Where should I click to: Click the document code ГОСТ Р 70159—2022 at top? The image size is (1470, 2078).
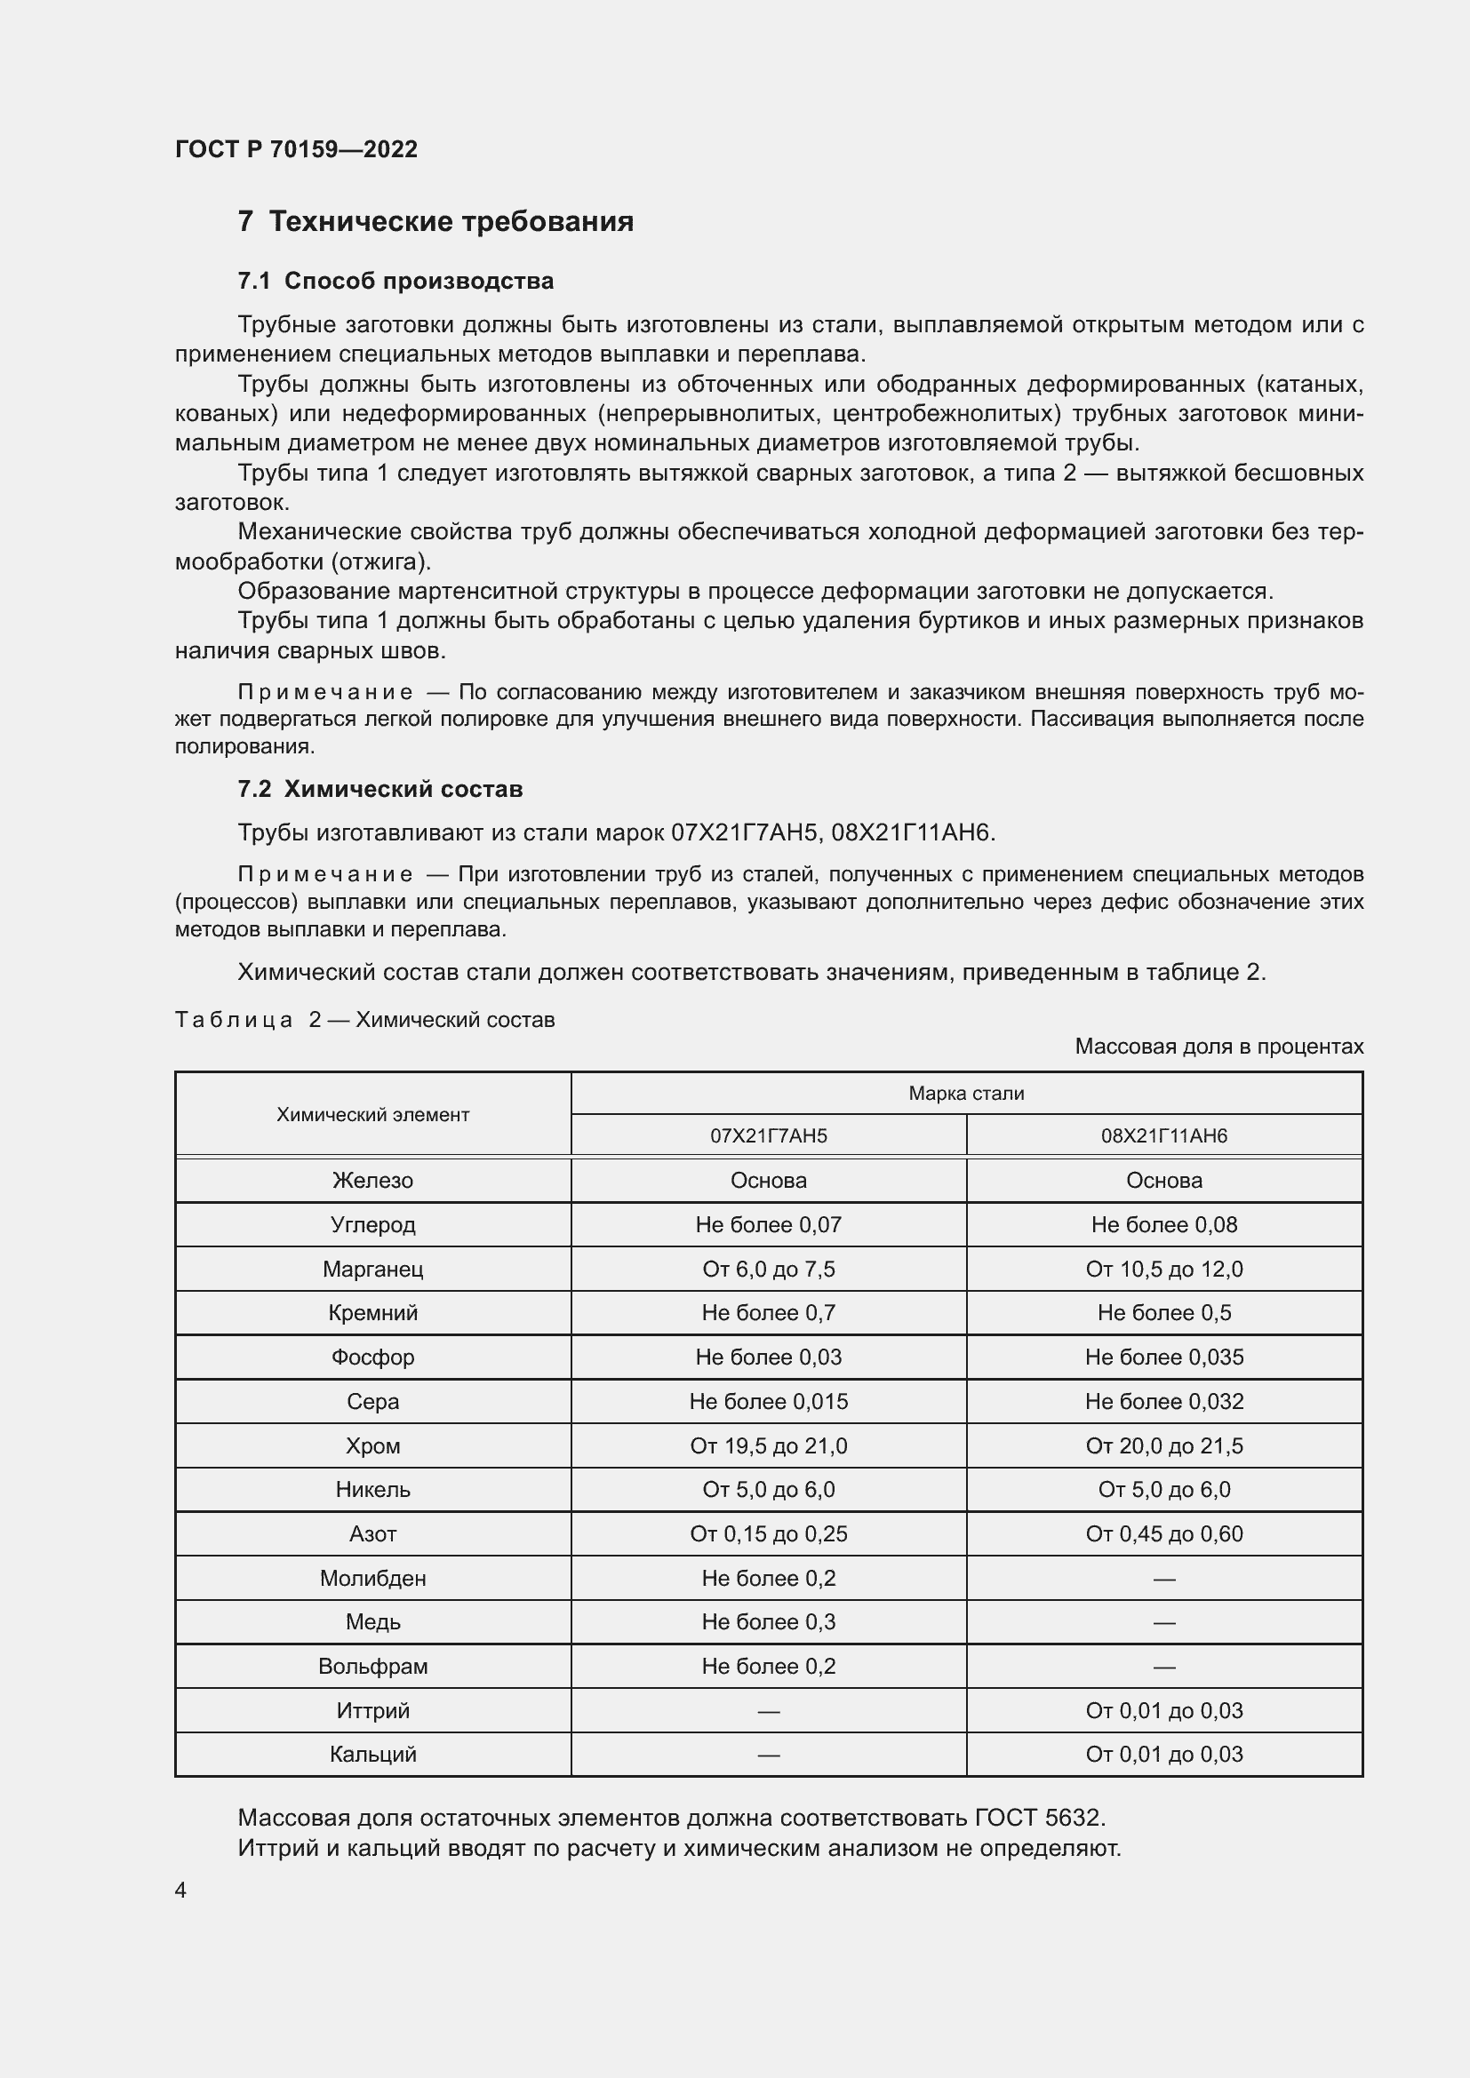[296, 149]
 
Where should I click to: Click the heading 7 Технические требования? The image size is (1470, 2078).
[435, 222]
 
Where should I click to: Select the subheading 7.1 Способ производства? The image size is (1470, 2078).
[395, 282]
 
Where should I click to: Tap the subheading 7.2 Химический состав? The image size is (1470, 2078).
[380, 789]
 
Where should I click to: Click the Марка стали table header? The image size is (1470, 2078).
[966, 1094]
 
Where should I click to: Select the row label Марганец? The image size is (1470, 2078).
[373, 1269]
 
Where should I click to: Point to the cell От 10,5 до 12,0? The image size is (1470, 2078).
[1164, 1269]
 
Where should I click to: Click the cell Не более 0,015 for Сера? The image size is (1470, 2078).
[769, 1402]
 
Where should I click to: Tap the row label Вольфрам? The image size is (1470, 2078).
[373, 1666]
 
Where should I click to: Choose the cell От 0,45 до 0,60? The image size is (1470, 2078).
[1164, 1534]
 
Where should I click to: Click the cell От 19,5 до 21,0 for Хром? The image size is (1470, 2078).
[769, 1446]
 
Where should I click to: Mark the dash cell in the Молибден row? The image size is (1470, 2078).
[1164, 1579]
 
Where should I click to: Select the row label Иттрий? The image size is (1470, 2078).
[373, 1710]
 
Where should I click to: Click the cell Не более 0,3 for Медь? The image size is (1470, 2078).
[769, 1622]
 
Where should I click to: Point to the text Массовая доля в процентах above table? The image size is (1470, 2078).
[1218, 1047]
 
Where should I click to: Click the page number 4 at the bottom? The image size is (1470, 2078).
[180, 1891]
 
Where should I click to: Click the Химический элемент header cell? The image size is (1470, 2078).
[373, 1115]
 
